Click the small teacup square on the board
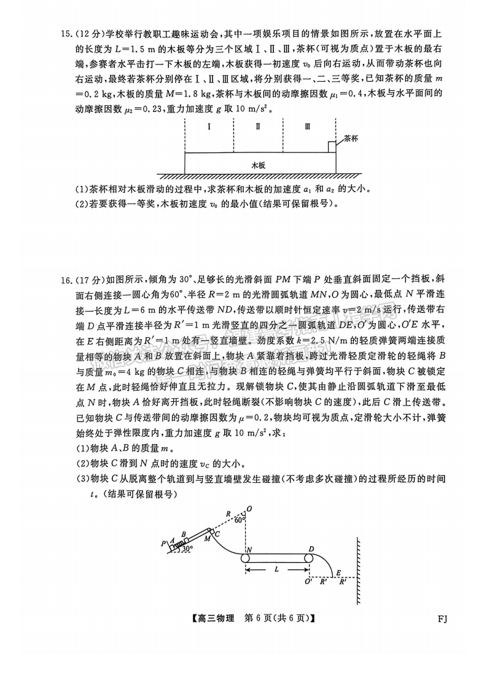332,146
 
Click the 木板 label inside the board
259,165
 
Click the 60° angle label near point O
240,519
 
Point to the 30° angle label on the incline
186,548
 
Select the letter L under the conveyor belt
278,570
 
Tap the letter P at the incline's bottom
163,543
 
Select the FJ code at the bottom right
442,619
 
